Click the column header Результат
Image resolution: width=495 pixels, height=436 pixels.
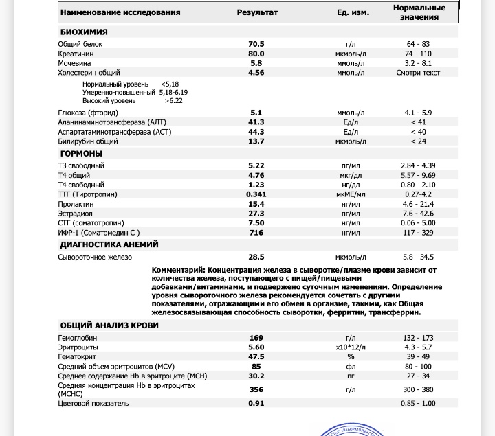257,12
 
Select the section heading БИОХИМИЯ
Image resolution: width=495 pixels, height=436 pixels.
84,32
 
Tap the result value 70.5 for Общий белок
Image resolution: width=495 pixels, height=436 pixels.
256,44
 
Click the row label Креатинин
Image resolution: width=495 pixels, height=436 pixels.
75,54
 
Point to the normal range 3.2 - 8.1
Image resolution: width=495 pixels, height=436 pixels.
418,63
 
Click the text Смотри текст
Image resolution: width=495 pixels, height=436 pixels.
418,73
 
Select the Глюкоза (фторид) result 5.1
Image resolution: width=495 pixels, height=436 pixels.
256,113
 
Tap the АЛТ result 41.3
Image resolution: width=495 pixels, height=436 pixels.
256,122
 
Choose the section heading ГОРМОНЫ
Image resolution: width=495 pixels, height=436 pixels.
81,153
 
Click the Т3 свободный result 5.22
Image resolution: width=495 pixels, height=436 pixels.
256,165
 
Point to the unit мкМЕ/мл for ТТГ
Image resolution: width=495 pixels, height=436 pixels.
351,194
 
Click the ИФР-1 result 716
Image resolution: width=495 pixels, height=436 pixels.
256,233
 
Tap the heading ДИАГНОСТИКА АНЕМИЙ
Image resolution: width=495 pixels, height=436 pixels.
109,244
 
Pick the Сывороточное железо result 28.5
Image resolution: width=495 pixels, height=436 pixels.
256,257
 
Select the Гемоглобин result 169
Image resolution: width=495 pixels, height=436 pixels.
256,338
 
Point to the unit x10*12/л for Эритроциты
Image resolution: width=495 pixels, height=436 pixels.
351,347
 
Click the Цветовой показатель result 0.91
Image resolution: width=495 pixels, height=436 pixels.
256,403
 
